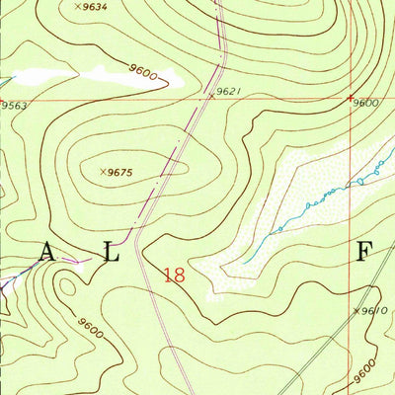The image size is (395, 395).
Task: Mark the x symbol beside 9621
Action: click(x=210, y=96)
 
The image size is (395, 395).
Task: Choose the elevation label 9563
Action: click(x=14, y=106)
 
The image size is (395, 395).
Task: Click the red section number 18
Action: click(x=175, y=276)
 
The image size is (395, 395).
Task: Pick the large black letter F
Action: click(x=363, y=252)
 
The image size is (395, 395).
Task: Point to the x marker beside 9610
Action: click(x=355, y=310)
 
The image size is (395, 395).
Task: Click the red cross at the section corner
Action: click(x=352, y=97)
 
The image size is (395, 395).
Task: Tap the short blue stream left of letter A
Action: click(x=12, y=280)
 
